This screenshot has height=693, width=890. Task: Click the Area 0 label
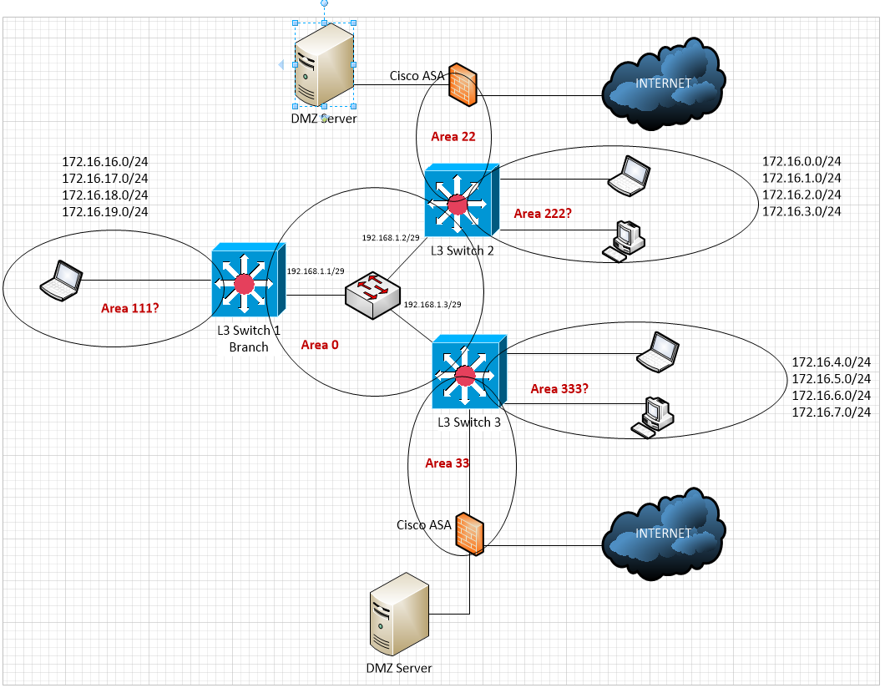pyautogui.click(x=320, y=345)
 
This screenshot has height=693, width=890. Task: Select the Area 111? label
pyautogui.click(x=129, y=308)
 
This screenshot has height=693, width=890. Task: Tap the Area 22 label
pyautogui.click(x=453, y=136)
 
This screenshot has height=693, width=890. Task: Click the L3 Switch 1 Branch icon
pyautogui.click(x=248, y=283)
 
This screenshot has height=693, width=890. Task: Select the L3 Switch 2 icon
pyautogui.click(x=460, y=201)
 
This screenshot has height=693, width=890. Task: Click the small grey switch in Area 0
pyautogui.click(x=373, y=294)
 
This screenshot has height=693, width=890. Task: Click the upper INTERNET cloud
pyautogui.click(x=663, y=83)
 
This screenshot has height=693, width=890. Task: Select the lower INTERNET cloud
pyautogui.click(x=663, y=534)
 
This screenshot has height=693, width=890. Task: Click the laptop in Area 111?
pyautogui.click(x=62, y=280)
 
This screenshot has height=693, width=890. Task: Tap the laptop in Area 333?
pyautogui.click(x=656, y=352)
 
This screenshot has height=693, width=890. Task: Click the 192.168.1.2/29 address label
pyautogui.click(x=390, y=238)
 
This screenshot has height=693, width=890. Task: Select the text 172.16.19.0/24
pyautogui.click(x=104, y=211)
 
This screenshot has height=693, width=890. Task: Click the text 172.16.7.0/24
pyautogui.click(x=831, y=412)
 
